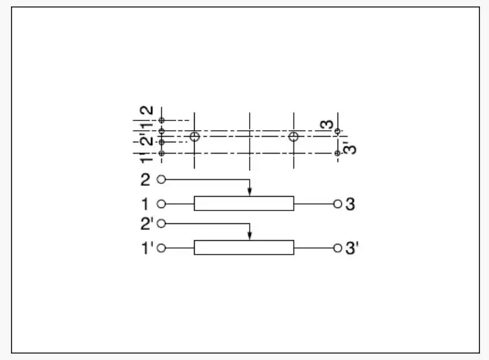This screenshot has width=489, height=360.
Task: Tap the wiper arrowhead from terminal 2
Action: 250,192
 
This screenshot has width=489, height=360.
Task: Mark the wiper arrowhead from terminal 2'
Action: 250,236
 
